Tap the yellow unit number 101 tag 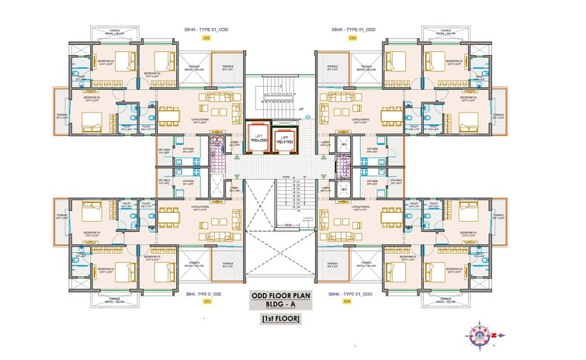[x=207, y=302]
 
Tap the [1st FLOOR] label [x=280, y=319]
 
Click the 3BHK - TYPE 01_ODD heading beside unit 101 [x=204, y=294]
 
